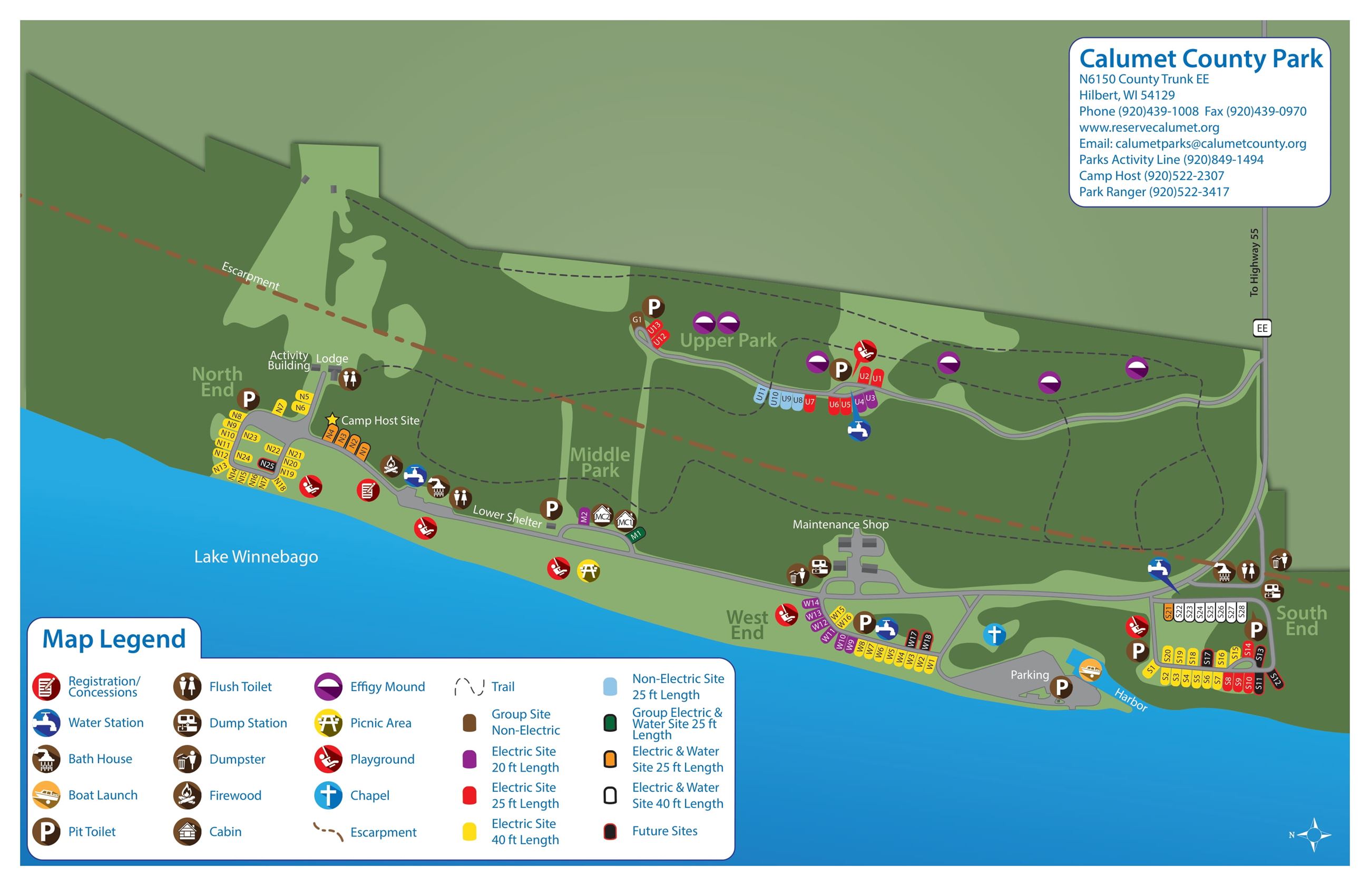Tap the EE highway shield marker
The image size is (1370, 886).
pyautogui.click(x=1261, y=328)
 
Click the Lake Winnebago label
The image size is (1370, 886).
pyautogui.click(x=256, y=556)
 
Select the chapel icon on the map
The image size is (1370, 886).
pyautogui.click(x=994, y=635)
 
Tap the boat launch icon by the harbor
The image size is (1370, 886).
pyautogui.click(x=1089, y=670)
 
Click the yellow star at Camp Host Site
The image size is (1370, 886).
pyautogui.click(x=331, y=419)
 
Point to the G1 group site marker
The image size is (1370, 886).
pyautogui.click(x=637, y=320)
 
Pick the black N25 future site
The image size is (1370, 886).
pyautogui.click(x=267, y=464)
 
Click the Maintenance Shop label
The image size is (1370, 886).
pyautogui.click(x=840, y=524)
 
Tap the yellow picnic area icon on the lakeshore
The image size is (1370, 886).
pyautogui.click(x=588, y=570)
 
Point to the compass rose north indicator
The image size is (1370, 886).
pyautogui.click(x=1314, y=834)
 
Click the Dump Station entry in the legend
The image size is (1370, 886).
pyautogui.click(x=248, y=723)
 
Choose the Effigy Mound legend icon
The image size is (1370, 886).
pyautogui.click(x=328, y=686)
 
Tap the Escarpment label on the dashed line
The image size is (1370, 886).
pyautogui.click(x=250, y=275)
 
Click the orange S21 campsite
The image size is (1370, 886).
pyautogui.click(x=1168, y=612)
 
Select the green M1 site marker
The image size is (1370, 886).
pyautogui.click(x=636, y=535)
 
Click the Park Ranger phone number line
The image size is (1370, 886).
pyautogui.click(x=1153, y=192)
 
